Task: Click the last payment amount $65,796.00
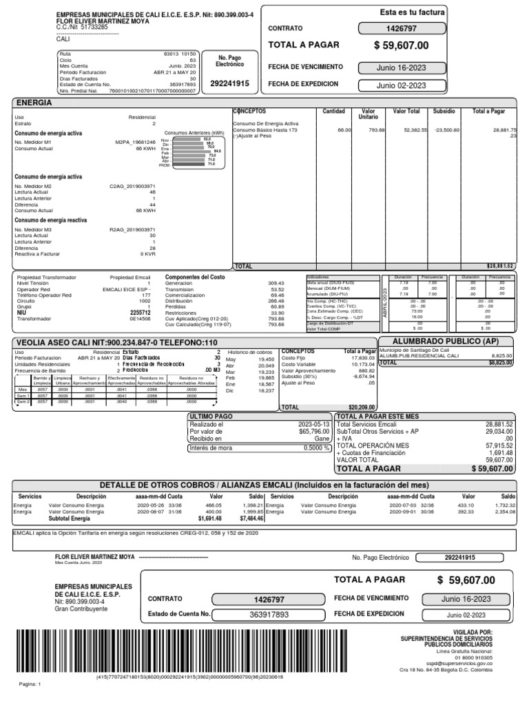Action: point(311,430)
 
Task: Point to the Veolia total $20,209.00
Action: point(361,407)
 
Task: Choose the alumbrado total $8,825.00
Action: point(499,362)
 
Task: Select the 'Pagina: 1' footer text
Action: point(31,684)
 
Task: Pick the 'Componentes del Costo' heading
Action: point(194,277)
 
